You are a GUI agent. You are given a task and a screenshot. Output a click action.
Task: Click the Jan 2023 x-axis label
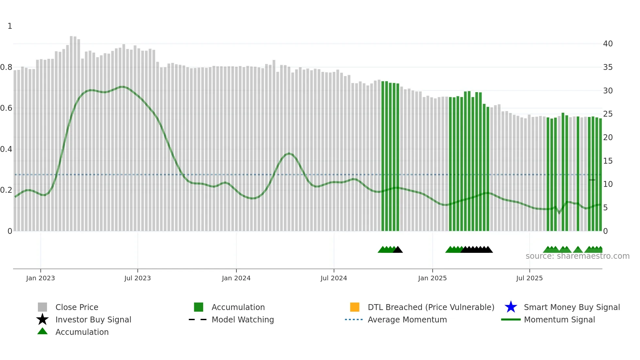(40, 278)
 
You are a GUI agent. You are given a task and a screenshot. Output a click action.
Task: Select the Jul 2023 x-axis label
(137, 278)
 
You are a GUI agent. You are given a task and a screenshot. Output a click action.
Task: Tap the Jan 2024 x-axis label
(236, 278)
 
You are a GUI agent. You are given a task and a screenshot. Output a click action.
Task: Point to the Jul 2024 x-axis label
(334, 278)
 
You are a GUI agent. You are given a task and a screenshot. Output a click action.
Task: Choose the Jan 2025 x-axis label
(432, 278)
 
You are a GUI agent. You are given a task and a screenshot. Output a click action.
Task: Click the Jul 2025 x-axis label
(529, 278)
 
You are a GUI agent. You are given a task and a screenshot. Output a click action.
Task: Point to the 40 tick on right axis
(608, 44)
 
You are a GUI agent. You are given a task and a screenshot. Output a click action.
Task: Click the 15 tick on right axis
(608, 161)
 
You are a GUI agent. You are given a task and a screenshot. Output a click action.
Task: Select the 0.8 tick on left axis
(6, 68)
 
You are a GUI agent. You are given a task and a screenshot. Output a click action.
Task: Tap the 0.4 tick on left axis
(6, 149)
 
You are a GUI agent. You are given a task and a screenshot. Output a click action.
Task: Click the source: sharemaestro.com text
(577, 256)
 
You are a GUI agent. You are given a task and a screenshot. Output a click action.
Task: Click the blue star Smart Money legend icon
(511, 307)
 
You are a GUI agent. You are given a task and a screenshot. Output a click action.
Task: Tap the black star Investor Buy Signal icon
(42, 319)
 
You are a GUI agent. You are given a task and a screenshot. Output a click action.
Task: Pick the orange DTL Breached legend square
(355, 307)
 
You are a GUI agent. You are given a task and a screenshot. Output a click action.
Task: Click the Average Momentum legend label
(407, 320)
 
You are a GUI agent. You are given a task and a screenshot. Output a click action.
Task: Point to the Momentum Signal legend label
(559, 320)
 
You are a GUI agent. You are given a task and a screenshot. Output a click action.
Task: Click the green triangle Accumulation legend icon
(42, 331)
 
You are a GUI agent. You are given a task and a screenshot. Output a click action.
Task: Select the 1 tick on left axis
(10, 26)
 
